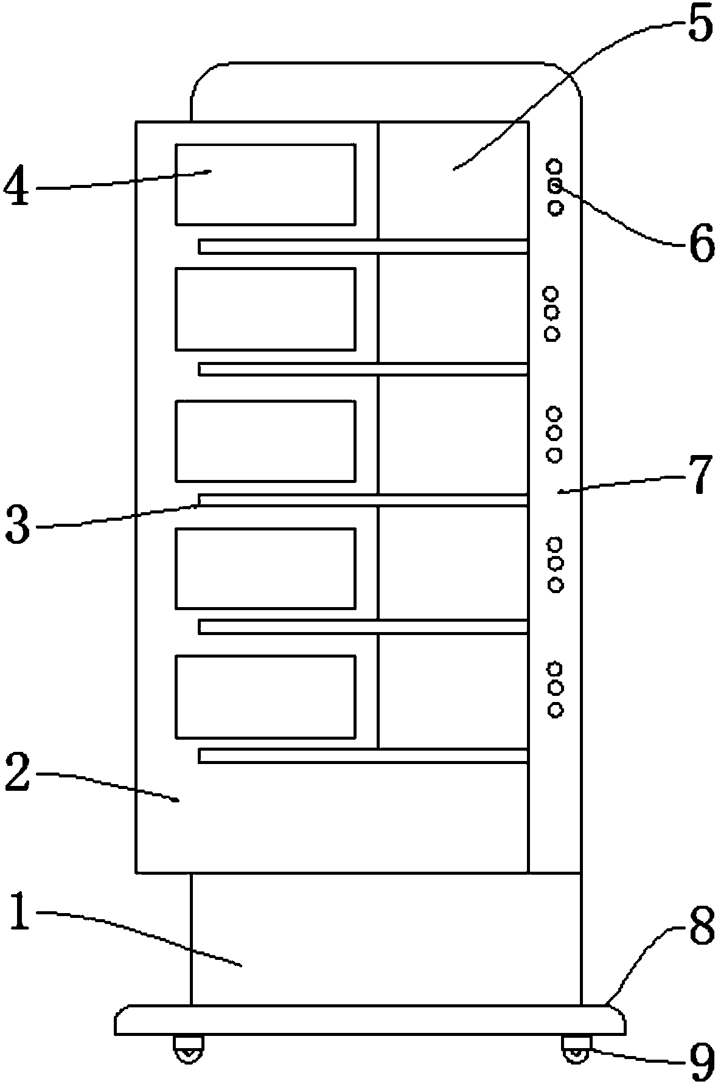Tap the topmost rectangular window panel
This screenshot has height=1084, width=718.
coord(265,184)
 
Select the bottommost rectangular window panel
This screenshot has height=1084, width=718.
coord(265,697)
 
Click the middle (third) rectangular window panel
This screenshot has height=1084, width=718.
coord(265,440)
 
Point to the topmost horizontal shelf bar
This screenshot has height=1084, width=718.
coord(363,246)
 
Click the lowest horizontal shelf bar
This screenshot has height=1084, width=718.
coord(363,756)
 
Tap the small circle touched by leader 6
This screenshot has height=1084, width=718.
coord(555,186)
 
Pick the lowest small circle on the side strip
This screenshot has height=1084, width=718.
coord(555,709)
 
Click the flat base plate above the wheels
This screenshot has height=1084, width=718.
coord(369,1020)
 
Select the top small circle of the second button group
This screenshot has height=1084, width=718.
coord(551,294)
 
